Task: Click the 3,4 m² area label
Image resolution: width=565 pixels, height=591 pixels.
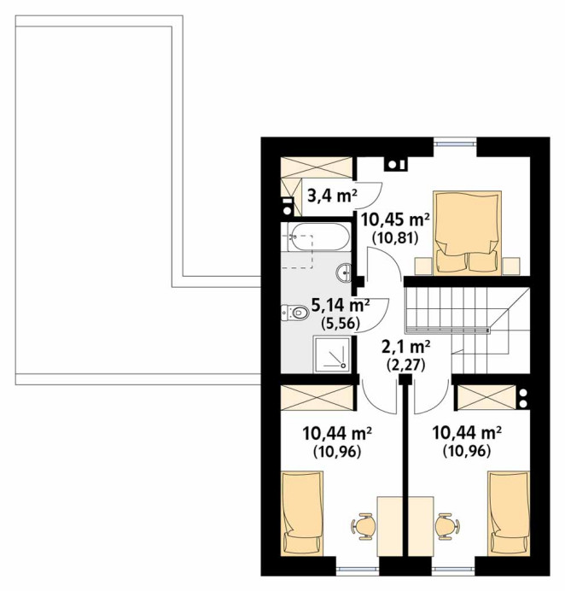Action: (x=332, y=196)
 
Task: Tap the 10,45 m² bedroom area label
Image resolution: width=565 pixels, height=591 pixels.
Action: (x=395, y=219)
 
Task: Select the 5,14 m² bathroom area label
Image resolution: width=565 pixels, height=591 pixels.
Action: (x=341, y=305)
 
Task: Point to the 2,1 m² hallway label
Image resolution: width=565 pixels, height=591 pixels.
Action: (x=405, y=347)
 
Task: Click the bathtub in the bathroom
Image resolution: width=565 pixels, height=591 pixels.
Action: (x=318, y=237)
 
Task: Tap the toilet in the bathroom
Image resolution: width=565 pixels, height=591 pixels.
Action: (x=295, y=312)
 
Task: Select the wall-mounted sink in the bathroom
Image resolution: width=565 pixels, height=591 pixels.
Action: (x=344, y=272)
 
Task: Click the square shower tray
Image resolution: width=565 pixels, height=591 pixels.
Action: (x=332, y=354)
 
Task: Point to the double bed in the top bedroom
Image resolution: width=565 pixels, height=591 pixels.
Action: (x=468, y=233)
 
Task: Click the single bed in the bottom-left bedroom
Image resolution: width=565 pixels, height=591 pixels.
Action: (x=302, y=513)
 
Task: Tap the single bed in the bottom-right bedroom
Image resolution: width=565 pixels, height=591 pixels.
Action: (x=509, y=513)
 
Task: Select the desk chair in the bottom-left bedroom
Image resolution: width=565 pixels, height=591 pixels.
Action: (x=364, y=525)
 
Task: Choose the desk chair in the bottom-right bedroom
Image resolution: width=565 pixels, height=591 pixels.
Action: (x=446, y=525)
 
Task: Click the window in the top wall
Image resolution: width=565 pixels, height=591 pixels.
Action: (x=455, y=143)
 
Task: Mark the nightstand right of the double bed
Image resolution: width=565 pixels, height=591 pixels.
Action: (x=511, y=266)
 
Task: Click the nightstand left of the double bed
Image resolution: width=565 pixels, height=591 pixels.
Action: (x=423, y=266)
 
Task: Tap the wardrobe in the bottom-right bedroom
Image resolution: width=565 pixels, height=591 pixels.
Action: (x=486, y=396)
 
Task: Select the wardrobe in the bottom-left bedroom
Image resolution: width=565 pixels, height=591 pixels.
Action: (x=317, y=396)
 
